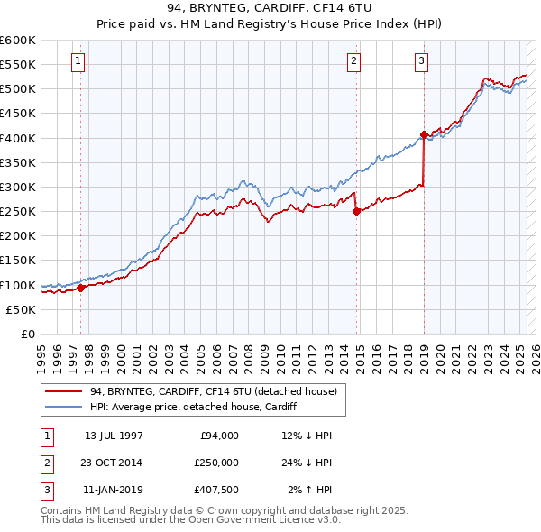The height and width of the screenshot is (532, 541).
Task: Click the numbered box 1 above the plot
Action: tap(79, 61)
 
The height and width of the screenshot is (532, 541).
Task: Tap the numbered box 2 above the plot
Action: tap(354, 61)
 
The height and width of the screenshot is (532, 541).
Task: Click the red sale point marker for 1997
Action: tap(80, 289)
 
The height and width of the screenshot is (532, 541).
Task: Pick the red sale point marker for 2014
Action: tap(356, 212)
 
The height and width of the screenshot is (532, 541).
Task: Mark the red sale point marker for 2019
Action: tap(424, 135)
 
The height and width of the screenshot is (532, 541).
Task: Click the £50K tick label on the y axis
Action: tap(22, 309)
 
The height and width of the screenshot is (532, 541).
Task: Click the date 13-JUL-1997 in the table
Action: tap(114, 436)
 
